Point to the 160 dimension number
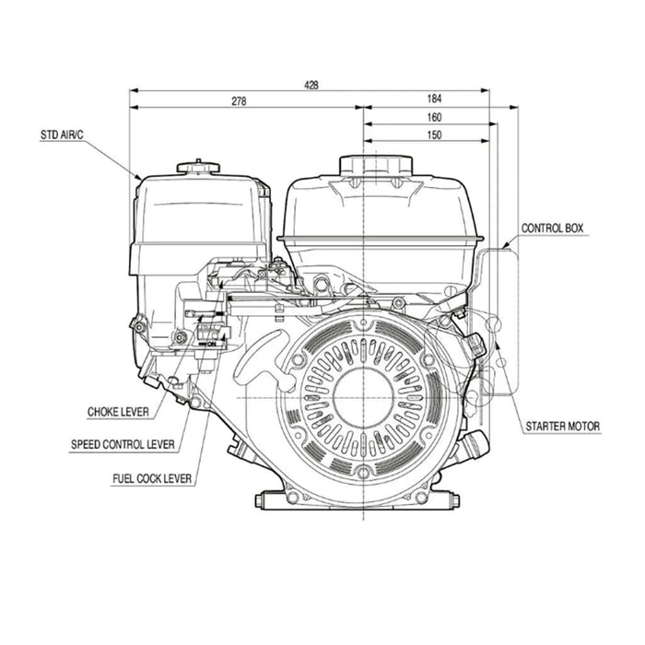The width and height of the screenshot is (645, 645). tap(435, 117)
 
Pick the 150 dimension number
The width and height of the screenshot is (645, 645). tap(435, 135)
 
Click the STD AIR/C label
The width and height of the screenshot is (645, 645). tap(62, 135)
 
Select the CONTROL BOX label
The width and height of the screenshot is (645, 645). tap(552, 228)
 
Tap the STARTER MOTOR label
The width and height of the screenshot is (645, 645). tap(562, 427)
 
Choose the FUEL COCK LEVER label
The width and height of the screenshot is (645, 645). tap(152, 478)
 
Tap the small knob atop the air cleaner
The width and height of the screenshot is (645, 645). tap(198, 167)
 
